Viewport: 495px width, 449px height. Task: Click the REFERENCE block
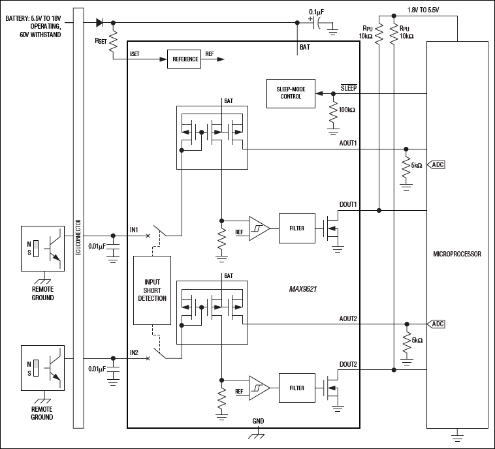[185, 59]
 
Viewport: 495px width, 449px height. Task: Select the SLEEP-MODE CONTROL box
[291, 93]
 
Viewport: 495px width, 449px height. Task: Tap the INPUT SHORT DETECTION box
[151, 290]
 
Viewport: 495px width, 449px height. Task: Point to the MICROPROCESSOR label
[456, 254]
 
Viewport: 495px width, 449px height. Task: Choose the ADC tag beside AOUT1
[437, 165]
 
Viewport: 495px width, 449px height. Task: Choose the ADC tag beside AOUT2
[437, 324]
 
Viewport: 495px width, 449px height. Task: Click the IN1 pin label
[135, 229]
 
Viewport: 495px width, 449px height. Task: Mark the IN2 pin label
[135, 352]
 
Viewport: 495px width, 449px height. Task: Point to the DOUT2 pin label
[348, 364]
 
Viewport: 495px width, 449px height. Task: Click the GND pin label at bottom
[258, 421]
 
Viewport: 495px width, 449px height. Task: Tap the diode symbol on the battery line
[99, 22]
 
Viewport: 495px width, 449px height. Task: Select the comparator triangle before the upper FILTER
[258, 228]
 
